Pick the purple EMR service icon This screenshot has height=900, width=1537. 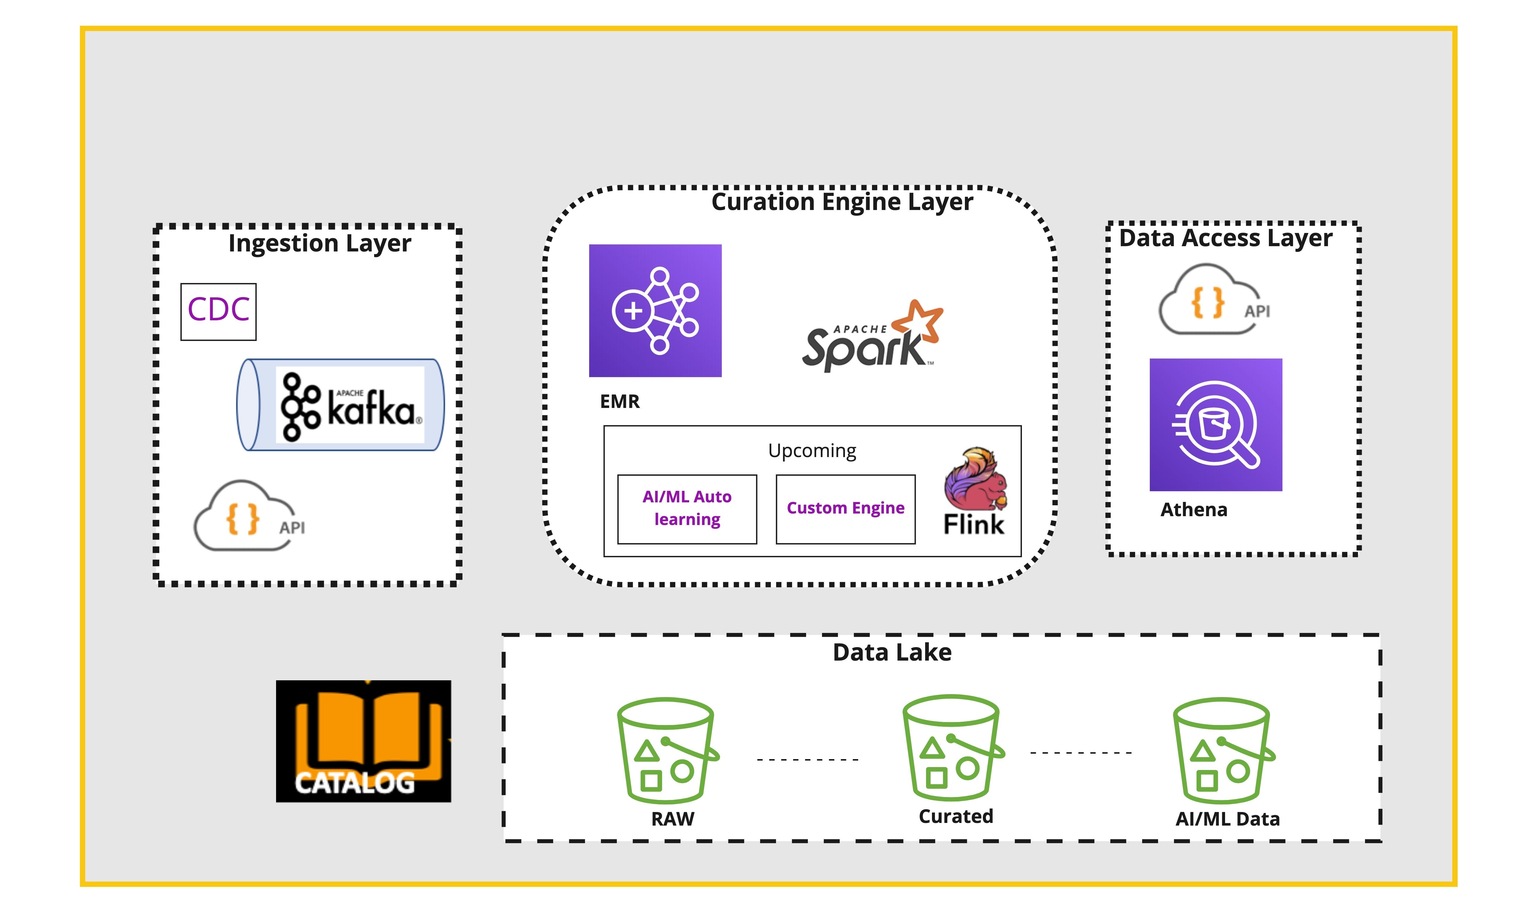tap(655, 311)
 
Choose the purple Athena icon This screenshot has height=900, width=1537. tap(1216, 425)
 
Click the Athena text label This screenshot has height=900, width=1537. tap(1194, 509)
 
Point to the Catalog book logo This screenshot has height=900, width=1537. tap(363, 741)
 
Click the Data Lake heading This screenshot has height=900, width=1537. tap(892, 652)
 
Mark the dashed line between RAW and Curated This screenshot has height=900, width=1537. tap(808, 760)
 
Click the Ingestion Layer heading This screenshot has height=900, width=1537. tap(320, 243)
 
